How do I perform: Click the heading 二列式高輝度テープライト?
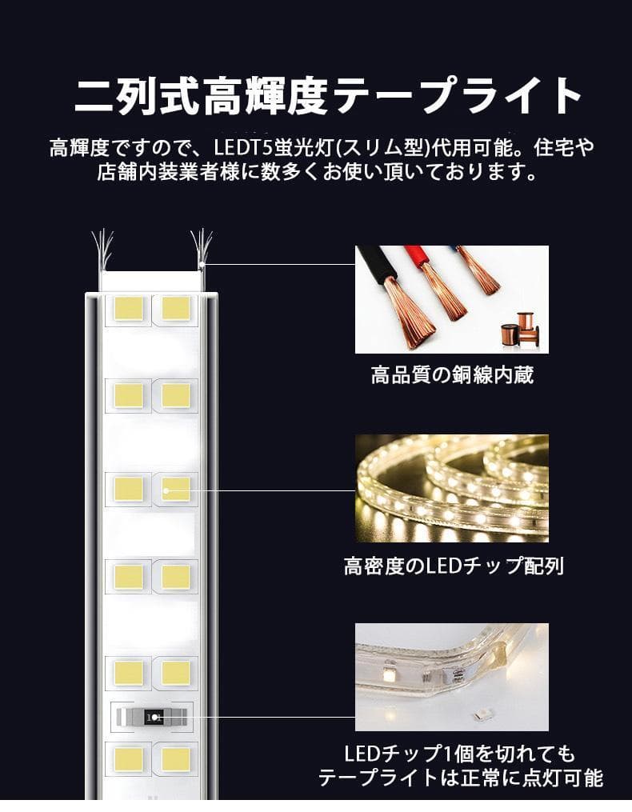tap(328, 96)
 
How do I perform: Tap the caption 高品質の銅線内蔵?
tap(452, 374)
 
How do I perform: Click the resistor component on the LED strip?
tap(152, 716)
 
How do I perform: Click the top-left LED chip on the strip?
tap(127, 307)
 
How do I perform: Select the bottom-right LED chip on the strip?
tap(176, 759)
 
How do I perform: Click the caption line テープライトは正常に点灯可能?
tap(460, 778)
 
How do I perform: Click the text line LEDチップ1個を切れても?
tap(459, 754)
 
